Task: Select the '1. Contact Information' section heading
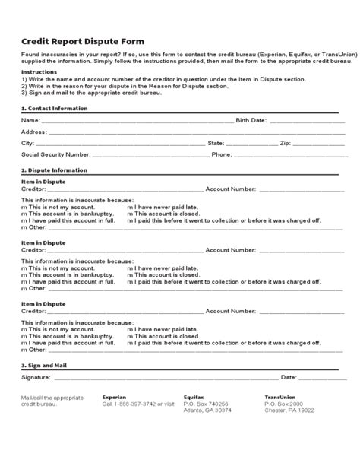[x=54, y=109]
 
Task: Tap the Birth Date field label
[x=251, y=120]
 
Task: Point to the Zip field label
[x=286, y=143]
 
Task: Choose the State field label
[x=216, y=143]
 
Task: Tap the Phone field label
[x=222, y=154]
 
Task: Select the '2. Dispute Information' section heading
[x=54, y=170]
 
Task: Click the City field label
[x=28, y=143]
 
